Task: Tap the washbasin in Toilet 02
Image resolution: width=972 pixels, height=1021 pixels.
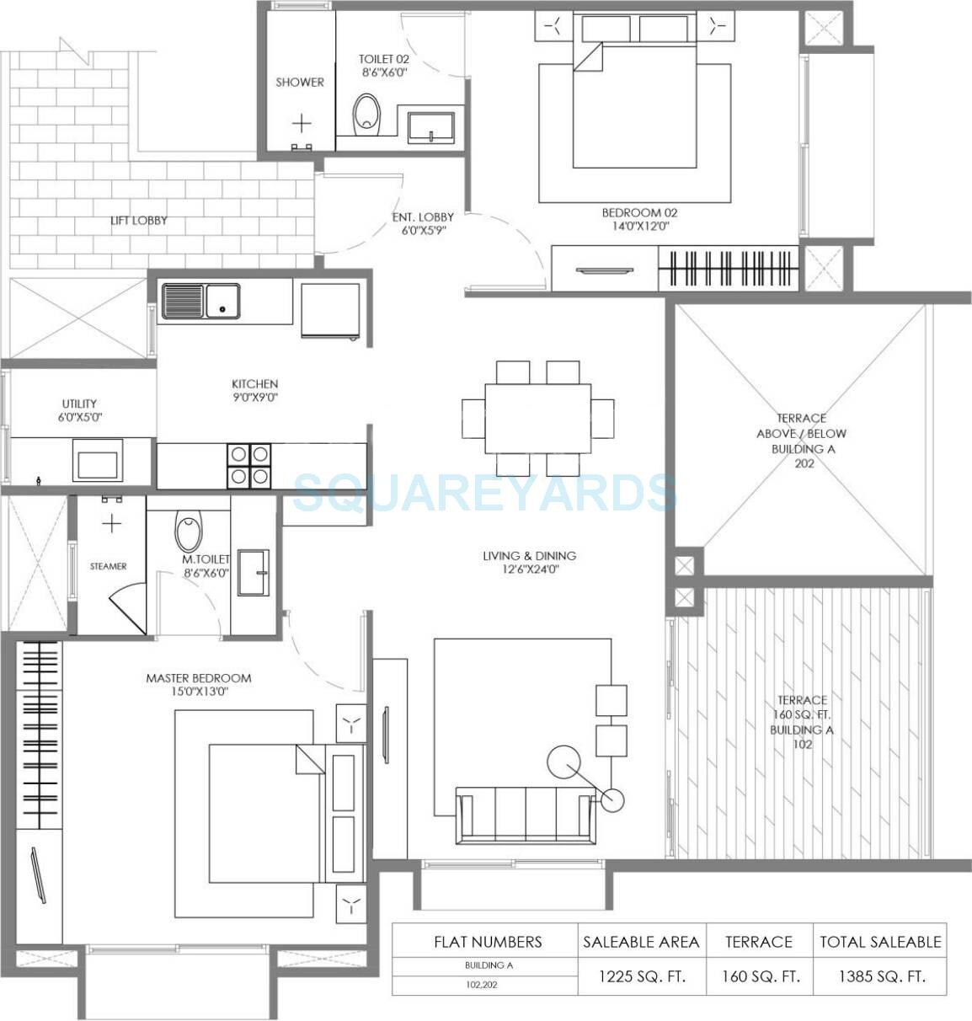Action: click(x=430, y=126)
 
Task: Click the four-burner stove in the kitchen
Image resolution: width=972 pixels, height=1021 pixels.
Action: click(x=249, y=466)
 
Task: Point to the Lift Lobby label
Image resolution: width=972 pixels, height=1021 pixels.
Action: click(x=139, y=221)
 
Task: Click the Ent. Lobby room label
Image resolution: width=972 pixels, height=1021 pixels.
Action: click(x=423, y=223)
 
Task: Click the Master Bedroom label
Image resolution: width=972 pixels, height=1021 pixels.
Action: click(x=198, y=684)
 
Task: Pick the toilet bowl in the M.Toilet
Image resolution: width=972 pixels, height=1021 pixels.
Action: click(x=189, y=533)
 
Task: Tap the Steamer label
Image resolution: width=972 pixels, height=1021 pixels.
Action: click(x=109, y=566)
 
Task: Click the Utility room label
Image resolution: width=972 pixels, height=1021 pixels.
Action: click(x=79, y=410)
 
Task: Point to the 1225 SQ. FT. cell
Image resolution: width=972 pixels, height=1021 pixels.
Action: click(x=642, y=977)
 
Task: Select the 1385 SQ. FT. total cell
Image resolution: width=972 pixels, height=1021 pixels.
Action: click(x=881, y=977)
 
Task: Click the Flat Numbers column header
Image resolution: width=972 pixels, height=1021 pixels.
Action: click(x=488, y=942)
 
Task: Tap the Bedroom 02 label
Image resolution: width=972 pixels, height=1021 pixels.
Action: click(x=639, y=219)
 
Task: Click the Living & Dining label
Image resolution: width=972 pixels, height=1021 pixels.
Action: click(x=529, y=562)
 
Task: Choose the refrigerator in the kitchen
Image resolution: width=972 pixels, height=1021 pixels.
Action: click(x=330, y=310)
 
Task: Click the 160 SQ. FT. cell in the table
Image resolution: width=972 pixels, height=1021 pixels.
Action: click(x=760, y=977)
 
